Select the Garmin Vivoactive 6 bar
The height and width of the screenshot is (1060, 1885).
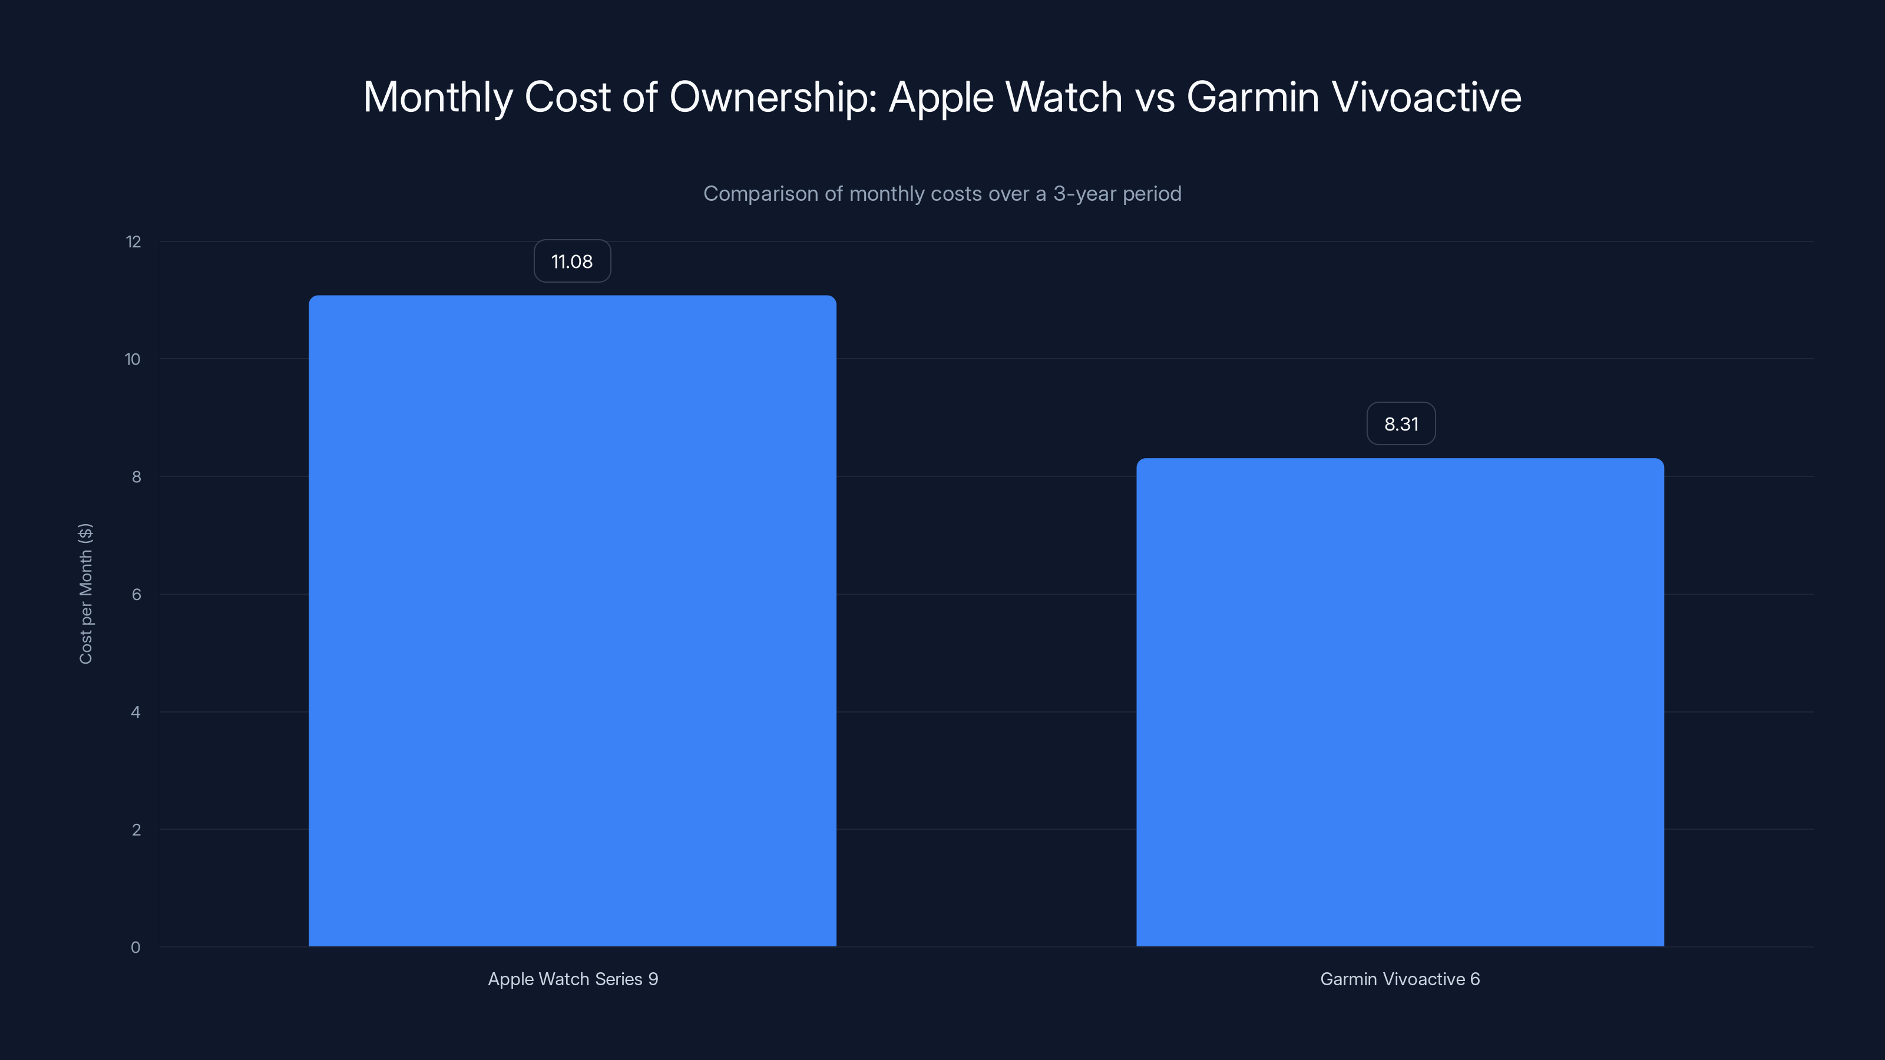coord(1400,703)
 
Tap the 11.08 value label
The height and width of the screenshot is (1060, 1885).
coord(572,261)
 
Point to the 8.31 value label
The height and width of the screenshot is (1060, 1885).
coord(1401,423)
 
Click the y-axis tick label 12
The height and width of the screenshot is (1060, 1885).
coord(133,242)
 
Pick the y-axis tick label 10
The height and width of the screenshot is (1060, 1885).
coord(133,359)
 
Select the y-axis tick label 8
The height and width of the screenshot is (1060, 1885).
coord(136,477)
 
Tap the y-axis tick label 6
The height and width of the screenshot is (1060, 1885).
coord(136,595)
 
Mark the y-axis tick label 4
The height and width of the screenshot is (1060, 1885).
coord(135,713)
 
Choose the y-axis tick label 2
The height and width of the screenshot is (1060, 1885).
coord(136,830)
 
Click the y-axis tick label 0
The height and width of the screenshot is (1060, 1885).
coord(135,948)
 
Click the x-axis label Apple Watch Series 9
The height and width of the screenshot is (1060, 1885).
coord(573,979)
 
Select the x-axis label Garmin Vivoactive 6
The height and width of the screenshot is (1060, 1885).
coord(1400,979)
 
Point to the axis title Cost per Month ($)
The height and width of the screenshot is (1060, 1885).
coord(85,593)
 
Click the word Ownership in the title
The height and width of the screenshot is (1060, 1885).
coord(773,97)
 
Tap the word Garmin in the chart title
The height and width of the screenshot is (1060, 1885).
coord(1252,97)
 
